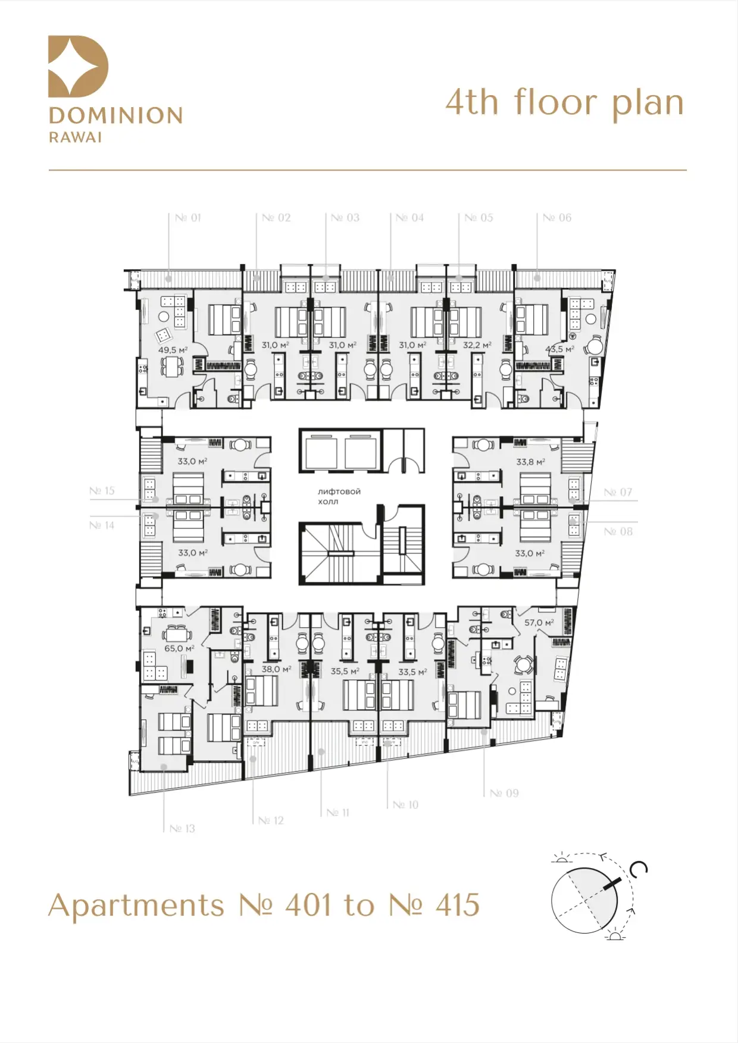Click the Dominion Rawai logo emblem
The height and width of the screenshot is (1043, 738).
78,66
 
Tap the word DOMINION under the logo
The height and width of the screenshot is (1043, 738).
116,115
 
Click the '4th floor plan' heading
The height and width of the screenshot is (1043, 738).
565,102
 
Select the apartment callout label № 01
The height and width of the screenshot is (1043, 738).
188,218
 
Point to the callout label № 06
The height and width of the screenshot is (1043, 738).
557,218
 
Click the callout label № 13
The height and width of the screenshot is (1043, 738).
182,828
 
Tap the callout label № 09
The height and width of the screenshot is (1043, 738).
504,793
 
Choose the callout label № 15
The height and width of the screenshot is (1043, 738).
102,491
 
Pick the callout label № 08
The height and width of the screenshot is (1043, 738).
618,531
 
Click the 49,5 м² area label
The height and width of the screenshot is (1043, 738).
173,350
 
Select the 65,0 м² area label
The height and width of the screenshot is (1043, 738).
179,648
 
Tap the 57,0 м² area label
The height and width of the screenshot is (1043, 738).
539,622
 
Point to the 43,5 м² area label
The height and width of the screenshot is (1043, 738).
560,349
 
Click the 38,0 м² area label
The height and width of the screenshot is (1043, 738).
276,669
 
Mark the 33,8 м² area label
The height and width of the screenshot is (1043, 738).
530,461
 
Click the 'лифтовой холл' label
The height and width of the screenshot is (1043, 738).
339,496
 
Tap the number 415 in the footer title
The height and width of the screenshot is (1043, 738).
457,906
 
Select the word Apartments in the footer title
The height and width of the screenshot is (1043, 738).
136,907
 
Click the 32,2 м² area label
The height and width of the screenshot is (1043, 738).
477,345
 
